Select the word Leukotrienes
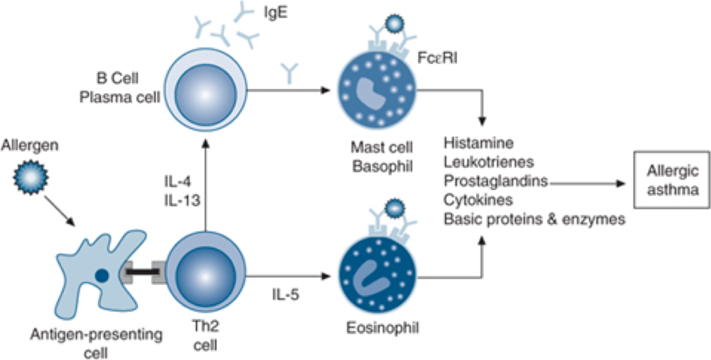(x=489, y=163)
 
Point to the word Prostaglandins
(x=496, y=182)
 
